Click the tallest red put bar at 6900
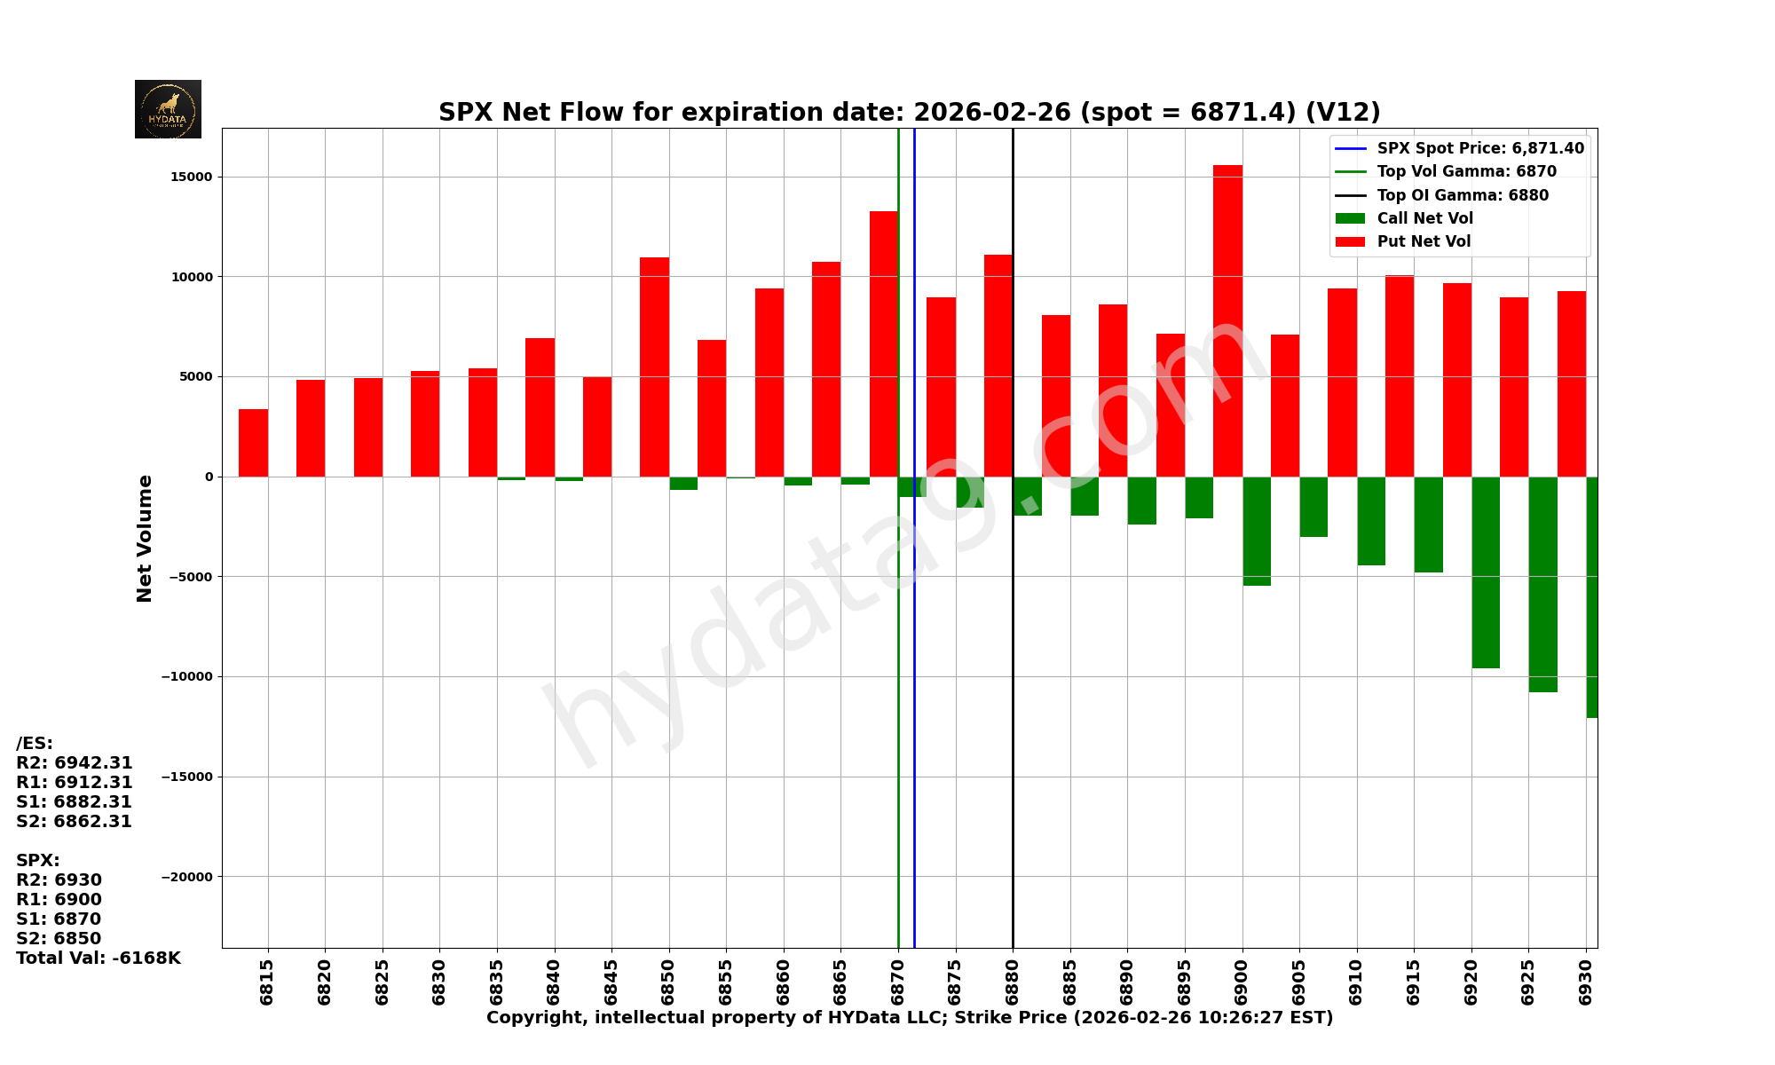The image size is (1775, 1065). [x=1227, y=319]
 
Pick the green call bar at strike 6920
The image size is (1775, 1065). [x=1486, y=572]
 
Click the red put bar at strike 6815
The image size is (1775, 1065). [x=253, y=443]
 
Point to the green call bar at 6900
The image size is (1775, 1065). [x=1257, y=531]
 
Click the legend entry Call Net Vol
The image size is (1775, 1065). [x=1424, y=218]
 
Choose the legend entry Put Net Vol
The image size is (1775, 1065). [x=1424, y=241]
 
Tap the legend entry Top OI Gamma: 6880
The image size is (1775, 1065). [x=1462, y=195]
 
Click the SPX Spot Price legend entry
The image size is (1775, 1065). [x=1479, y=148]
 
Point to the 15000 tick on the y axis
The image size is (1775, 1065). [x=192, y=177]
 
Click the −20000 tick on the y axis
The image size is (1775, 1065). [x=187, y=877]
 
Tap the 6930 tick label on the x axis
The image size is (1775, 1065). [x=1586, y=982]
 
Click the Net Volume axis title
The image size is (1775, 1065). [x=145, y=538]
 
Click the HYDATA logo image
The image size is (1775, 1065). [x=168, y=109]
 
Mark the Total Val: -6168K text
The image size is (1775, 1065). [x=99, y=958]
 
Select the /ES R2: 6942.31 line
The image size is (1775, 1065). [x=75, y=763]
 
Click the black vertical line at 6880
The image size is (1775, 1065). [x=1013, y=710]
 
